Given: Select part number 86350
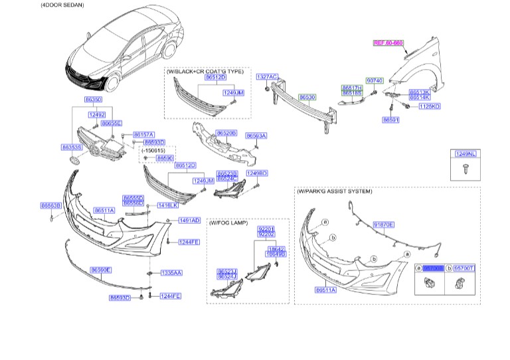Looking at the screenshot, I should [x=93, y=100].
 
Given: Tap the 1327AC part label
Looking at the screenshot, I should [x=267, y=76].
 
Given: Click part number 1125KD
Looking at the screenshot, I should [x=429, y=106].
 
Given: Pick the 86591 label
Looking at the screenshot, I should [x=390, y=120].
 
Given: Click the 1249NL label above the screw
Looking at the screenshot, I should [x=465, y=154].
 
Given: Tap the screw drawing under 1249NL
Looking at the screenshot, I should [x=464, y=169].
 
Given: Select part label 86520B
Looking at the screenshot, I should [x=226, y=133].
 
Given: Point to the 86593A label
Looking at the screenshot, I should [x=256, y=135].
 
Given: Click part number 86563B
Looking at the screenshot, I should [x=50, y=206].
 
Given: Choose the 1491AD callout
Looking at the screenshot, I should [x=189, y=220].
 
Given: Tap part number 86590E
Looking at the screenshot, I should [x=100, y=270].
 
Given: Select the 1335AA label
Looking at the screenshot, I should [x=171, y=273].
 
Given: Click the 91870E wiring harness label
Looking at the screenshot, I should [x=383, y=225].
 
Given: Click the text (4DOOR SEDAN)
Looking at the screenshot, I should [x=24, y=5].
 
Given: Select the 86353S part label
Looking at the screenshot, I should [x=72, y=147].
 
